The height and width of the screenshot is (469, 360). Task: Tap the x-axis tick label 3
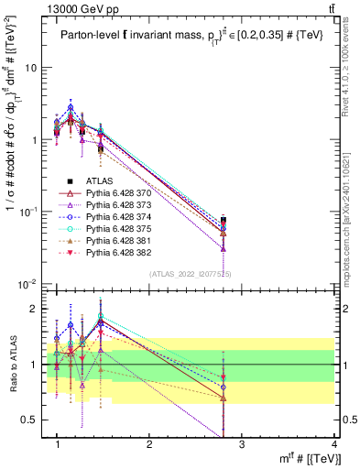click(x=241, y=442)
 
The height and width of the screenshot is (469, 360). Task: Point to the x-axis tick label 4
click(x=333, y=442)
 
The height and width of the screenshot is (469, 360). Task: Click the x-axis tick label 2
click(x=149, y=442)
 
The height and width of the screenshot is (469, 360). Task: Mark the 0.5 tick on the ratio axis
click(x=32, y=420)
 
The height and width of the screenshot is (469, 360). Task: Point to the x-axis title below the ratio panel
click(x=301, y=458)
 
